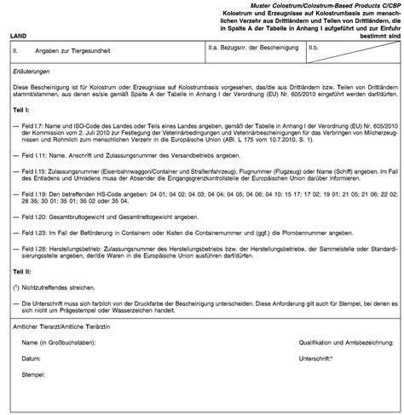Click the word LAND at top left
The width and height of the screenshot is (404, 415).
click(x=19, y=38)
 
